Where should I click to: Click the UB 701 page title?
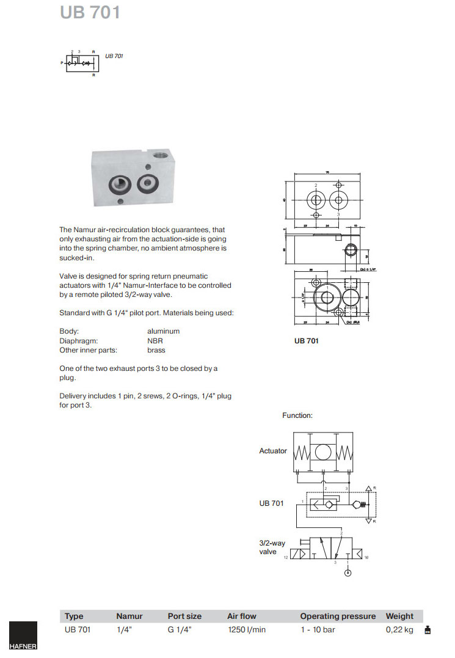90,13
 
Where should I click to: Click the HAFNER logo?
23,637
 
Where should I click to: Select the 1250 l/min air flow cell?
246,630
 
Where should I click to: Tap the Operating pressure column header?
338,616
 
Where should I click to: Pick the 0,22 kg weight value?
399,630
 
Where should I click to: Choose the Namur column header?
129,616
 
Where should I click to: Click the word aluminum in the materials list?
164,331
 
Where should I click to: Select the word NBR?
155,341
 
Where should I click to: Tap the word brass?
156,350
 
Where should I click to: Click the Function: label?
297,415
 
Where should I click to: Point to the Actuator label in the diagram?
273,451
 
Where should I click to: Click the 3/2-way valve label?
272,547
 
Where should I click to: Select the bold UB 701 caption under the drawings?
307,341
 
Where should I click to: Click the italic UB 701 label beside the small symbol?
114,56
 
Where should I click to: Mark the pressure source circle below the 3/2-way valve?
348,573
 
